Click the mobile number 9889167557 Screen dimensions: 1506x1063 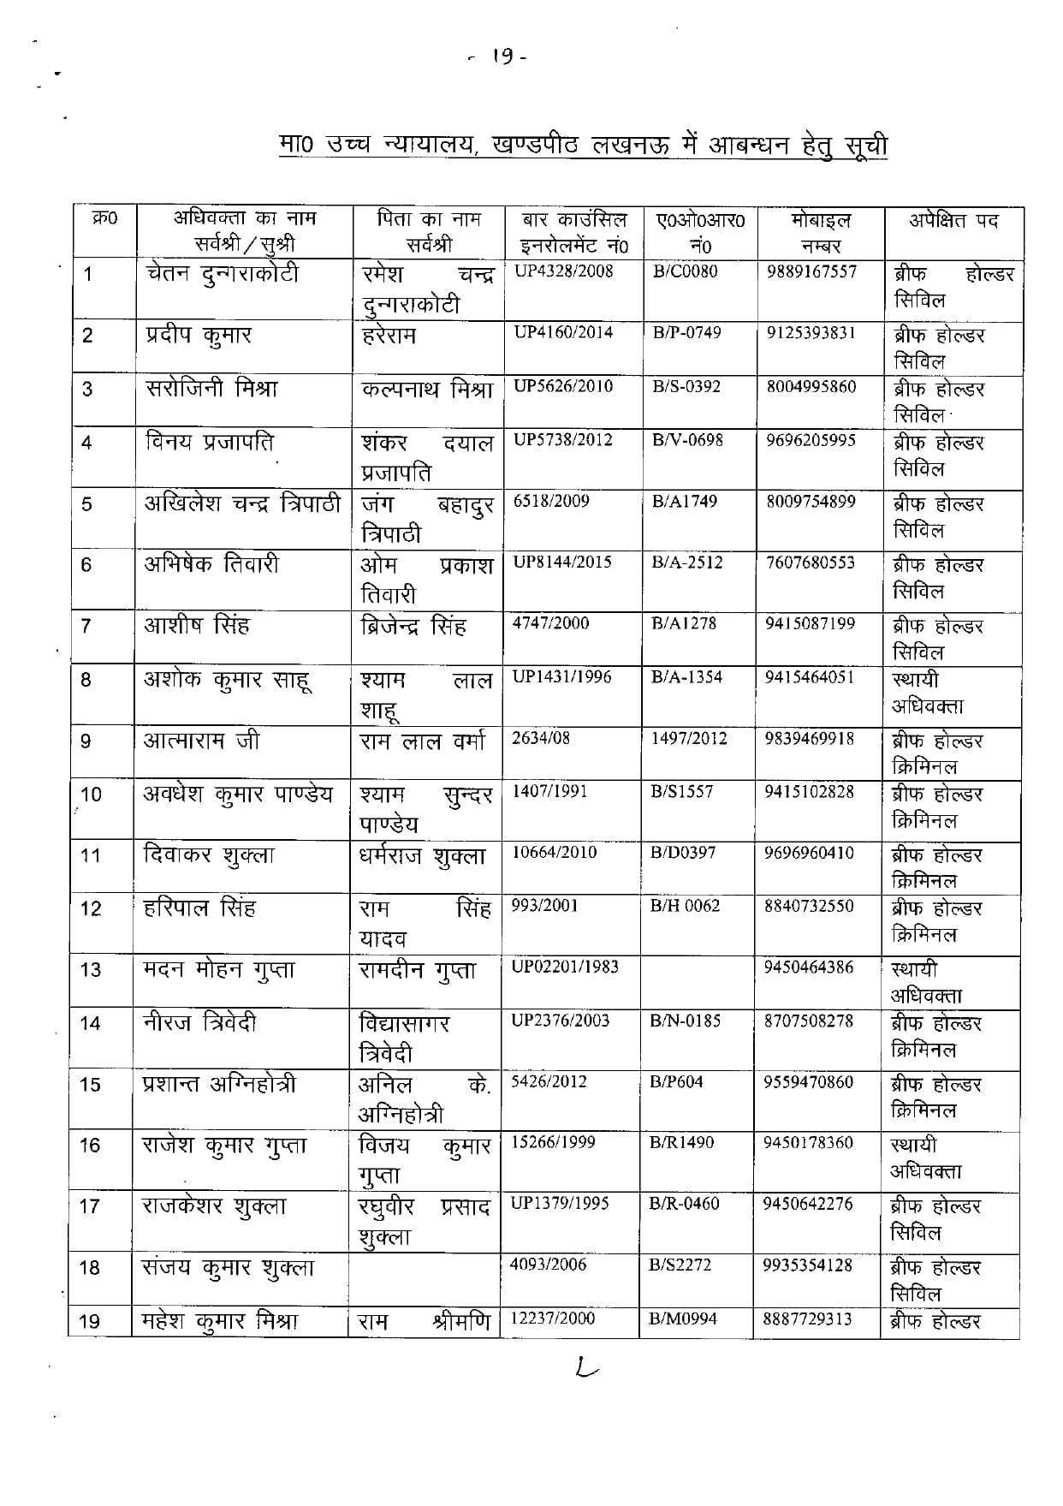tap(811, 273)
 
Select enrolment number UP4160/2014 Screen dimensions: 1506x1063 tap(563, 332)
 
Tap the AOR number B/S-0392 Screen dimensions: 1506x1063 tap(686, 386)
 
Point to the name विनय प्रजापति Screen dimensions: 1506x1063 tap(210, 443)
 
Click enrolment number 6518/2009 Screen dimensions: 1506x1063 tap(551, 501)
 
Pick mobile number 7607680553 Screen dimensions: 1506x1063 tap(811, 563)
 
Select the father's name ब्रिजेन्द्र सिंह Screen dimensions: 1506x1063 tap(413, 626)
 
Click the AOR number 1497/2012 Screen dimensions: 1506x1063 tap(689, 738)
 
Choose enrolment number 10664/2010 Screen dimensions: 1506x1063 tap(555, 852)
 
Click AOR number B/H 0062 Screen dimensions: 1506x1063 tap(685, 906)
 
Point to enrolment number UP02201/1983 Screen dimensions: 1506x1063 tap(564, 967)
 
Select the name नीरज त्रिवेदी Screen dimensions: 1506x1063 tap(199, 1023)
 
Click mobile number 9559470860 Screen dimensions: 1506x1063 tap(808, 1082)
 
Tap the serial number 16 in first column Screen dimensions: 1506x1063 tap(90, 1146)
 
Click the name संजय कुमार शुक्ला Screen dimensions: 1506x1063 tap(228, 1268)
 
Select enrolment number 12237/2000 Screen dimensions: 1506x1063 tap(552, 1318)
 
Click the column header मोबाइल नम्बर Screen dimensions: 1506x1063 tap(820, 233)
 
